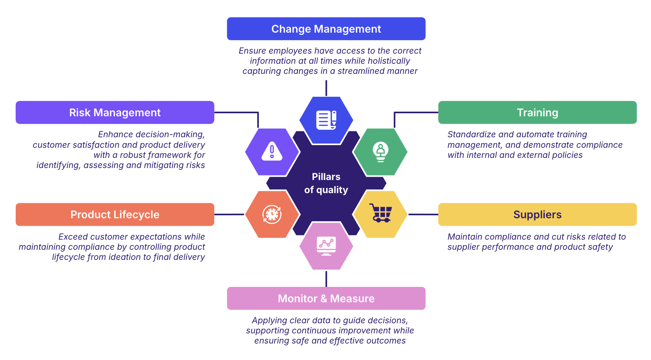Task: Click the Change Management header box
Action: pyautogui.click(x=326, y=29)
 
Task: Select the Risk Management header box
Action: pyautogui.click(x=115, y=112)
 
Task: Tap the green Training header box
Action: pyautogui.click(x=537, y=112)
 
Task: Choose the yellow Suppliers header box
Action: pyautogui.click(x=537, y=214)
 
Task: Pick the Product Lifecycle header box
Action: pyautogui.click(x=115, y=214)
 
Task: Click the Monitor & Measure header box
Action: pyautogui.click(x=326, y=298)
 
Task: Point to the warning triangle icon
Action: pyautogui.click(x=272, y=151)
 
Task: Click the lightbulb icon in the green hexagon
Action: pyautogui.click(x=381, y=152)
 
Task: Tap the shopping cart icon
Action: pyautogui.click(x=381, y=213)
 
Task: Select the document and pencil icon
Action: pyautogui.click(x=326, y=120)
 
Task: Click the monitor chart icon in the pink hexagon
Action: pyautogui.click(x=326, y=246)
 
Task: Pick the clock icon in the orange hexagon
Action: pyautogui.click(x=272, y=214)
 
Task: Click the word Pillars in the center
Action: pyautogui.click(x=326, y=177)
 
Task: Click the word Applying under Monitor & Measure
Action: pyautogui.click(x=268, y=320)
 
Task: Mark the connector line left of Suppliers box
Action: pyautogui.click(x=423, y=214)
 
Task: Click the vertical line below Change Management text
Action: pyautogui.click(x=326, y=88)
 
